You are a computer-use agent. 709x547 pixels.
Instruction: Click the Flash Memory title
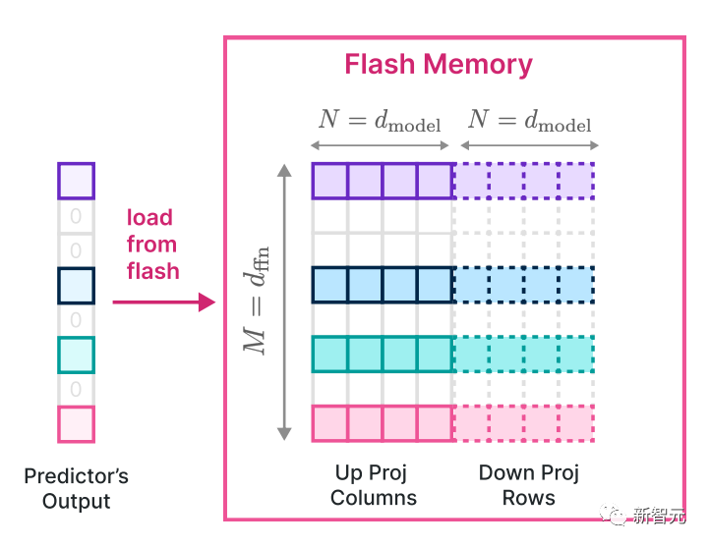coord(439,65)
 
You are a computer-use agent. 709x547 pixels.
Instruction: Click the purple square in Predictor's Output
coord(76,181)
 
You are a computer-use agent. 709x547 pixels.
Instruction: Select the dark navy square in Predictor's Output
coord(76,285)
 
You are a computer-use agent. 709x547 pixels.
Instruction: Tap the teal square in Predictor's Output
coord(76,355)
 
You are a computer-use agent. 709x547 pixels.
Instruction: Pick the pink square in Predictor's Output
coord(76,424)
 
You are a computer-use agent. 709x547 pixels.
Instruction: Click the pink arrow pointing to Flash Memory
coord(163,302)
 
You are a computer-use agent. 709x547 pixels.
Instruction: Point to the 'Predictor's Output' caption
coord(76,489)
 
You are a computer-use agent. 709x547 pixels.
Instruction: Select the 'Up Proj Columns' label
coord(374,485)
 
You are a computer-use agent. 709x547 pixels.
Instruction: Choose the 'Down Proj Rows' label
coord(529,485)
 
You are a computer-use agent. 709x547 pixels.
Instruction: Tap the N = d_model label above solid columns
coord(380,121)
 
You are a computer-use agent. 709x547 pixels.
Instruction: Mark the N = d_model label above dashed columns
coord(529,121)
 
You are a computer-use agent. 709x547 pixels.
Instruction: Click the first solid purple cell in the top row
coord(329,181)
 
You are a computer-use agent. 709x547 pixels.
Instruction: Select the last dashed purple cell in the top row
coord(577,181)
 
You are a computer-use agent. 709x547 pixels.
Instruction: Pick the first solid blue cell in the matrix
coord(329,284)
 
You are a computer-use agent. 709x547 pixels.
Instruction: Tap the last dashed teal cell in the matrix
coord(577,354)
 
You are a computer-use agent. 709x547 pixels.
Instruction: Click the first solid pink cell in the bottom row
coord(329,423)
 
